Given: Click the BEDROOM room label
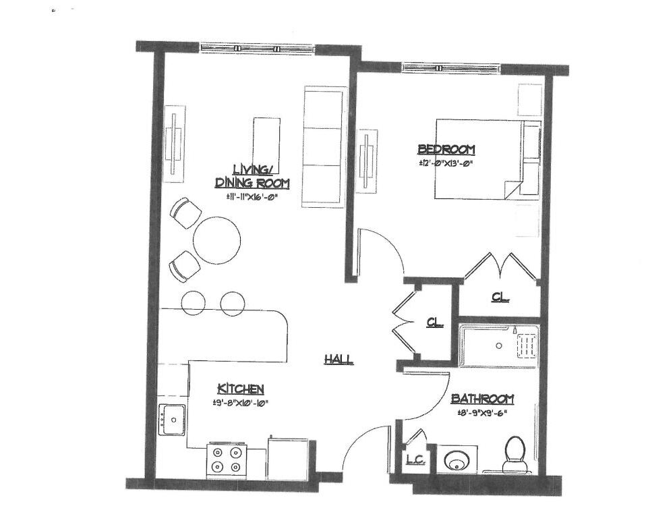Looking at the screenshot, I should pyautogui.click(x=446, y=149).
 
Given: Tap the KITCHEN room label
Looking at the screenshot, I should pyautogui.click(x=240, y=389).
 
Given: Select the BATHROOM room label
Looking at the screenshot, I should pyautogui.click(x=482, y=399).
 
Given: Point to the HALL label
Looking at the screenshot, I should pyautogui.click(x=338, y=360).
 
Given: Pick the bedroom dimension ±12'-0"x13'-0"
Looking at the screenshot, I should pyautogui.click(x=446, y=163).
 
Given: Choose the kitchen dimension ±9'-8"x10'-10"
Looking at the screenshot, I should pyautogui.click(x=241, y=403).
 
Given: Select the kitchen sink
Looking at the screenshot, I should pyautogui.click(x=173, y=420).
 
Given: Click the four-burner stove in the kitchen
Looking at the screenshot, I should pyautogui.click(x=227, y=460).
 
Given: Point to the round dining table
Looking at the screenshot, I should pyautogui.click(x=216, y=240).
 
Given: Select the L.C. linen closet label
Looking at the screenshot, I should pyautogui.click(x=415, y=461).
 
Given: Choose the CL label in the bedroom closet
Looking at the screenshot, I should pyautogui.click(x=500, y=297).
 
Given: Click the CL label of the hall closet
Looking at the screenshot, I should pyautogui.click(x=435, y=323).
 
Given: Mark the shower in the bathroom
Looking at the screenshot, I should pyautogui.click(x=498, y=345).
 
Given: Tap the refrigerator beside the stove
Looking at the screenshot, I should pyautogui.click(x=288, y=458).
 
